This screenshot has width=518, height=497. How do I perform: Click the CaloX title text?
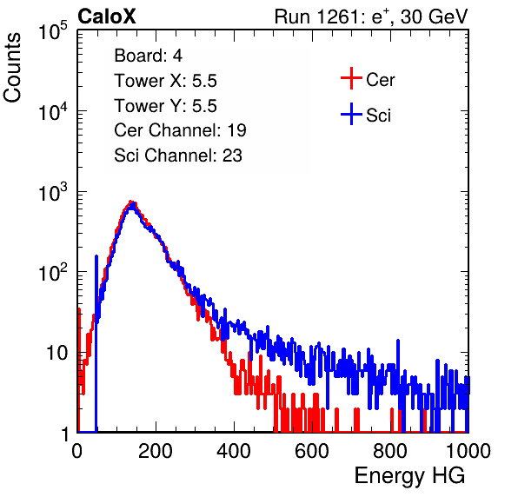[x=107, y=17]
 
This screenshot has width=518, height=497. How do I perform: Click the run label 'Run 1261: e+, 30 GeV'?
[x=371, y=17]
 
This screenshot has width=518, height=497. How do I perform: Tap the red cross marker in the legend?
[x=351, y=78]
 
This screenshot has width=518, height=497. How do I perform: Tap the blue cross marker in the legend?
[x=351, y=114]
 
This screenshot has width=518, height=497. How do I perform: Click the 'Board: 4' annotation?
[x=149, y=56]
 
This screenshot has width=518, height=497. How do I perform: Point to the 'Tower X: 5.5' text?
[x=165, y=81]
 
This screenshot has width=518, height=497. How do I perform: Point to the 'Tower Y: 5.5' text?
[x=165, y=106]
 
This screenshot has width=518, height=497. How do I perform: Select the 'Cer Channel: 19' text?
[x=181, y=130]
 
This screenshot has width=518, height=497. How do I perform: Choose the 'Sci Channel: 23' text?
[x=178, y=156]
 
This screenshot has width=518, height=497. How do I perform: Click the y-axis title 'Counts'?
[x=12, y=68]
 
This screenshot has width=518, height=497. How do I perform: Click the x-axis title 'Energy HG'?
[x=409, y=475]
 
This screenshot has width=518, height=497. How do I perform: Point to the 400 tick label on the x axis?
[x=234, y=451]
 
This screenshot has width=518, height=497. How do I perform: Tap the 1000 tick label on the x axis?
[x=468, y=451]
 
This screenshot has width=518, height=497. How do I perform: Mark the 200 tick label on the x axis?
[x=156, y=451]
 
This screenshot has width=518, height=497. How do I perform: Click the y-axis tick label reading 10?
[x=56, y=353]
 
